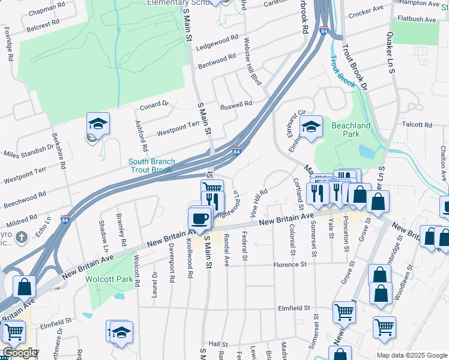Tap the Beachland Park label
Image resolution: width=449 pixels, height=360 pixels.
tap(351, 130)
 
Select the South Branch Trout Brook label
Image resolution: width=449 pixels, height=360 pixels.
tap(152, 166)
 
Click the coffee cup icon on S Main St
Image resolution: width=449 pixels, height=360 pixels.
tap(200, 218)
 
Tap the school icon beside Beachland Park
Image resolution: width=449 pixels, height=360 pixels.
tap(311, 127)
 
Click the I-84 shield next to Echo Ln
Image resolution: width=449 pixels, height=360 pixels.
tap(65, 219)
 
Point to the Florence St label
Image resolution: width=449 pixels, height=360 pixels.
tap(290, 264)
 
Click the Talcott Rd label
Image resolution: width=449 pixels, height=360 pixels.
tap(418, 125)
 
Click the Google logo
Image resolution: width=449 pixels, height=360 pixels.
tap(19, 353)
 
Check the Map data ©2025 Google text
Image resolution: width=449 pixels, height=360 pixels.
tap(411, 355)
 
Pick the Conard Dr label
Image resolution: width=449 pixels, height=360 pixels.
tap(155, 107)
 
